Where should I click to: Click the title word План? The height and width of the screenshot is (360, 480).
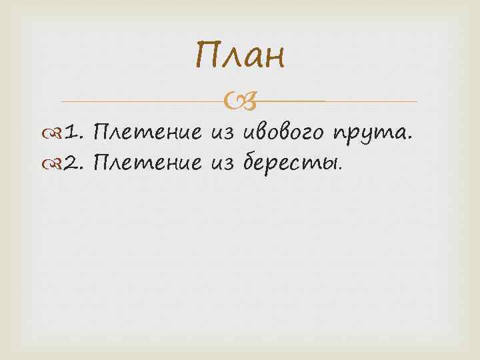240,56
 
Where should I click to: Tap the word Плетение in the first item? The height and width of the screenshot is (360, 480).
147,133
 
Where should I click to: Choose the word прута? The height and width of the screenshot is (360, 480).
370,135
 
